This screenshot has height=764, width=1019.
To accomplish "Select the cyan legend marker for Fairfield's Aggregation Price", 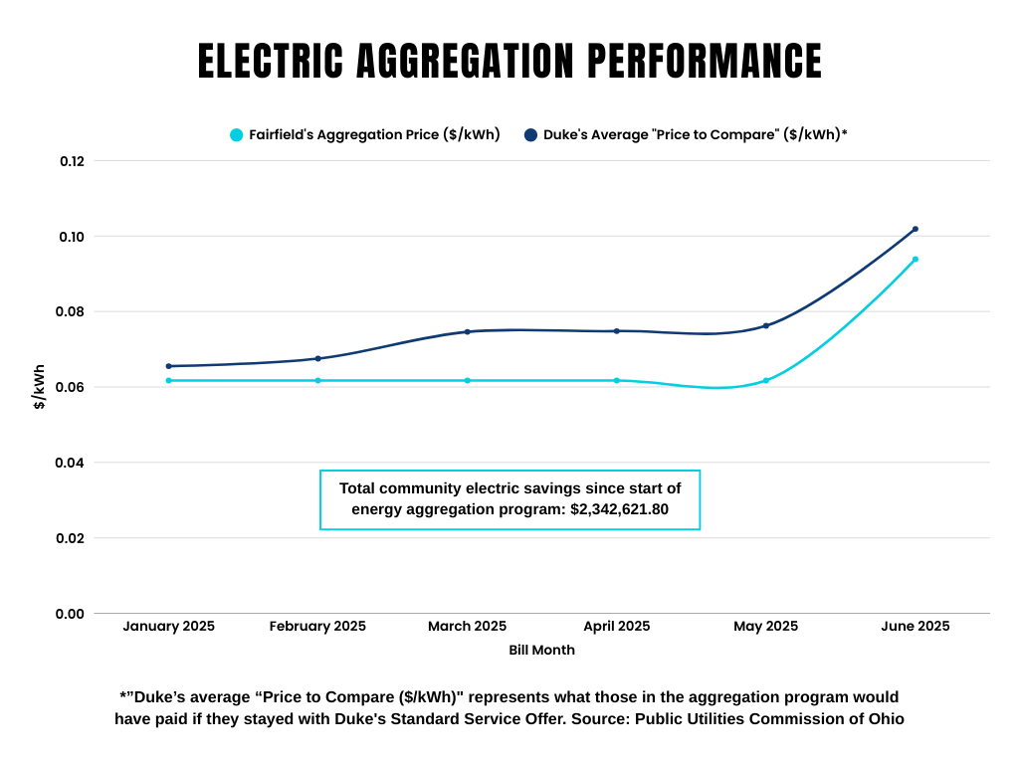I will click(236, 135).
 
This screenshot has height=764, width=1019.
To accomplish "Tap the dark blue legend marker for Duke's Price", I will click(530, 135).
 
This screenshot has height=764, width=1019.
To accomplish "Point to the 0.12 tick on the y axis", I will click(73, 161).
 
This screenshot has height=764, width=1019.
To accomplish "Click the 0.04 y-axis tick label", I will click(73, 463).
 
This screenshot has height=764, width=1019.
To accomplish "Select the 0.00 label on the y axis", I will click(73, 614).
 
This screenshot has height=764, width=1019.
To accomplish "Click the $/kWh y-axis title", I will click(40, 387).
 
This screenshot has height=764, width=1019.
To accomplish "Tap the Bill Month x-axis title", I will click(541, 651).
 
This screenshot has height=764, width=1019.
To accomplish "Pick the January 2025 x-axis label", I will click(168, 627).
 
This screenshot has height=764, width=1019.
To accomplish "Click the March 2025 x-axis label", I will click(467, 627).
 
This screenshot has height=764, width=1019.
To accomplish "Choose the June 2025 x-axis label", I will click(915, 627).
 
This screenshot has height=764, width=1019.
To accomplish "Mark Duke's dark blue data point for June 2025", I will click(916, 229).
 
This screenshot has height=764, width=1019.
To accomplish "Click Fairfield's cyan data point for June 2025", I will click(916, 260).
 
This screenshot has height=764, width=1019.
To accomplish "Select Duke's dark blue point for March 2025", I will click(468, 331).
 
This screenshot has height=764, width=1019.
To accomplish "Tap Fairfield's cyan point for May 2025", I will click(766, 380).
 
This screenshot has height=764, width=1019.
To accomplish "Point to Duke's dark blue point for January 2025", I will click(169, 366).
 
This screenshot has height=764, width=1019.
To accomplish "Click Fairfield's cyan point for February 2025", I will click(318, 380).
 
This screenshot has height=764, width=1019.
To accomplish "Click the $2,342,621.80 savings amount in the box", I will click(619, 509).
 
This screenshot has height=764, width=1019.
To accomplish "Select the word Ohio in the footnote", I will click(886, 718).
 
